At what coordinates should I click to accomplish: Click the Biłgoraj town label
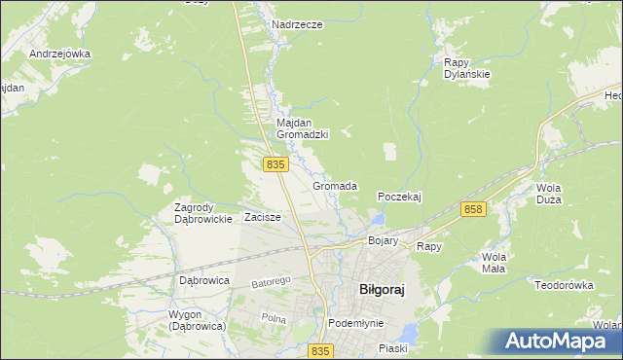tap(375, 289)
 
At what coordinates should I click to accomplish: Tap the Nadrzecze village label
tap(298, 24)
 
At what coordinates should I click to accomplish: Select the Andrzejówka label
tap(59, 54)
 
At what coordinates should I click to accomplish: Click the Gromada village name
tap(335, 186)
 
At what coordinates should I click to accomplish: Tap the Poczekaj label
tap(399, 197)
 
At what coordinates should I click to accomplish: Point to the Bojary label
tap(384, 240)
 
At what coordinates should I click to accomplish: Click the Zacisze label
tap(263, 217)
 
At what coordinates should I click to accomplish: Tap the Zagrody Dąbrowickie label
tap(202, 213)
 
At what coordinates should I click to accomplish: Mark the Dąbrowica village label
tap(204, 280)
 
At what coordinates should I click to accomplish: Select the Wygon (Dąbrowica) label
tap(197, 320)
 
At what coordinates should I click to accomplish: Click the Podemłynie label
tap(356, 323)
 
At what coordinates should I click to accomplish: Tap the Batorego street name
tap(272, 282)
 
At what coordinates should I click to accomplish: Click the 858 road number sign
tap(474, 210)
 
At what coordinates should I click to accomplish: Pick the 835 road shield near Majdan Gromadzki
tap(275, 165)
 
